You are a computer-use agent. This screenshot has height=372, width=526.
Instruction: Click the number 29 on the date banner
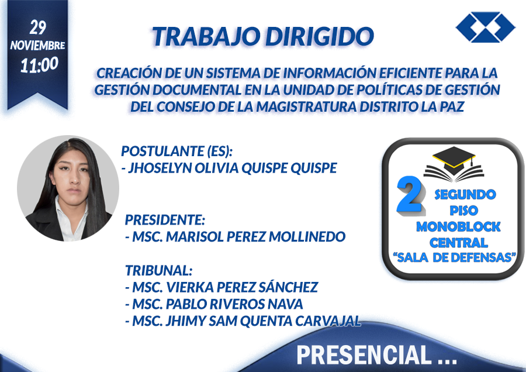[x=37, y=27]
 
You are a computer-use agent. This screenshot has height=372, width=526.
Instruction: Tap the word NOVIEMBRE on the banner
[x=37, y=45]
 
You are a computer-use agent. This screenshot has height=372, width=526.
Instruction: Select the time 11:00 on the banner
[x=39, y=65]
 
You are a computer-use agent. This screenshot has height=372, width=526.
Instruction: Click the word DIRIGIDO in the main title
[x=319, y=36]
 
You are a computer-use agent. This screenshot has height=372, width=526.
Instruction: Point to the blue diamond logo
[x=486, y=27]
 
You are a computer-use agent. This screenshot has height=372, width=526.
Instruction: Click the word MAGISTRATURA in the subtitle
[x=307, y=107]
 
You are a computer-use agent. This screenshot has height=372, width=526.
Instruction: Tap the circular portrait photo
[x=68, y=188]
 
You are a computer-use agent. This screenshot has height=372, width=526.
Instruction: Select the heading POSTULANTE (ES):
[x=177, y=151]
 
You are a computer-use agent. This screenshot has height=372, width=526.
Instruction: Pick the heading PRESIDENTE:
[x=165, y=220]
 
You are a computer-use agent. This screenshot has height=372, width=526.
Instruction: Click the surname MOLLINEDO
[x=307, y=237]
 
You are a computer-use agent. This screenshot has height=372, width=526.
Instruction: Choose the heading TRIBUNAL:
[x=158, y=270]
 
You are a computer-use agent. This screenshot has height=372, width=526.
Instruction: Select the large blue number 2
[x=410, y=195]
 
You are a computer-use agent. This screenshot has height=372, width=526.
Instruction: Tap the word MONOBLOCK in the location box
[x=458, y=227]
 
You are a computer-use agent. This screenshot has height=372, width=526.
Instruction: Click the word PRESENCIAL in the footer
[x=364, y=355]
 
